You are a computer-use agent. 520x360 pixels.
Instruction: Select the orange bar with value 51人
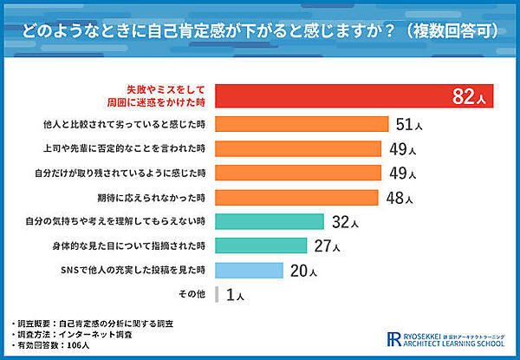point(301,123)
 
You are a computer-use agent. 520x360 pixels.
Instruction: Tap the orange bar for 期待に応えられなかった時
point(296,196)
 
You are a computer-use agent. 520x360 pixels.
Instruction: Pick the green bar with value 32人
point(269,221)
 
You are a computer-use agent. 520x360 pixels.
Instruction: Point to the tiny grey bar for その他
point(216,294)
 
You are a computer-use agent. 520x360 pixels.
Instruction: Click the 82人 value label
point(471,97)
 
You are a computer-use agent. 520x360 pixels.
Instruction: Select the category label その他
point(192,294)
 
